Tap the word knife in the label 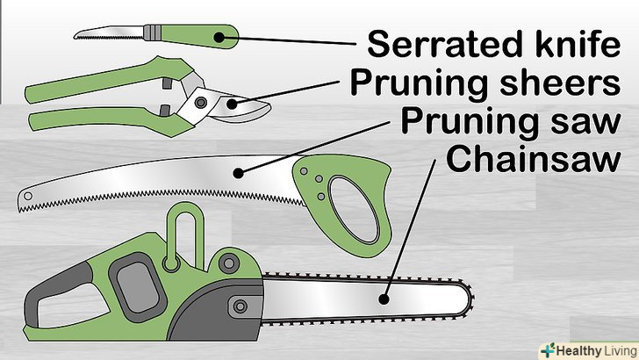pos(561,43)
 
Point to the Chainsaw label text pos(534,159)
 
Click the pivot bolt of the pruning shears pos(201,104)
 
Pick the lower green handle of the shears pos(97,119)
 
